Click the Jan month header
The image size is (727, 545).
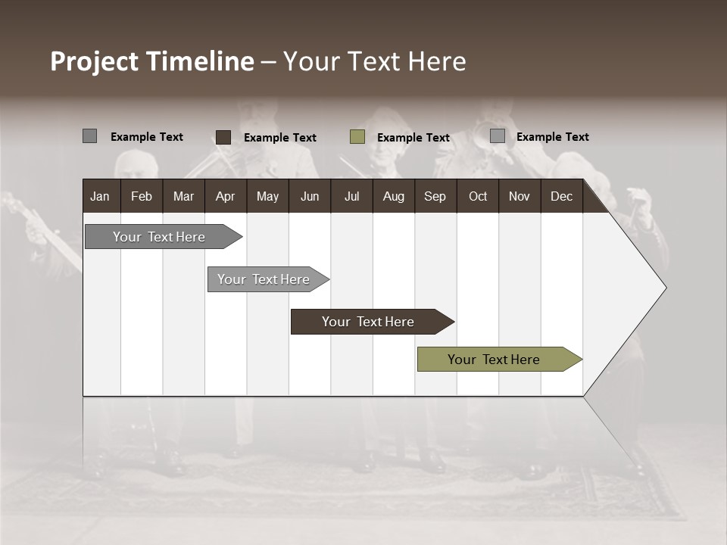[100, 196]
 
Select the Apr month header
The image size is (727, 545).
[225, 196]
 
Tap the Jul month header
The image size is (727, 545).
[351, 196]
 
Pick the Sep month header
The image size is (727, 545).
[435, 196]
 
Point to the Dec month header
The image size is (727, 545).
[561, 196]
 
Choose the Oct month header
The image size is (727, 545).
[478, 196]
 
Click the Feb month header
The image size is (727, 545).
[142, 196]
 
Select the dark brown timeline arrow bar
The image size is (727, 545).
[369, 322]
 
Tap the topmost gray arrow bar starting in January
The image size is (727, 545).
[160, 237]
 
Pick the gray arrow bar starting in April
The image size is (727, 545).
[264, 279]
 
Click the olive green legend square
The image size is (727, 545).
[357, 137]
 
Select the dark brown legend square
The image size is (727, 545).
[223, 137]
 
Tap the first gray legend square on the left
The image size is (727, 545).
[89, 136]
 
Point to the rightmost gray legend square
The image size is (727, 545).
[497, 136]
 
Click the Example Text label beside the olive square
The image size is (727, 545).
[413, 138]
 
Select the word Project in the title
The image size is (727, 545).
[94, 62]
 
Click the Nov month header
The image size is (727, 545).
[520, 196]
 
